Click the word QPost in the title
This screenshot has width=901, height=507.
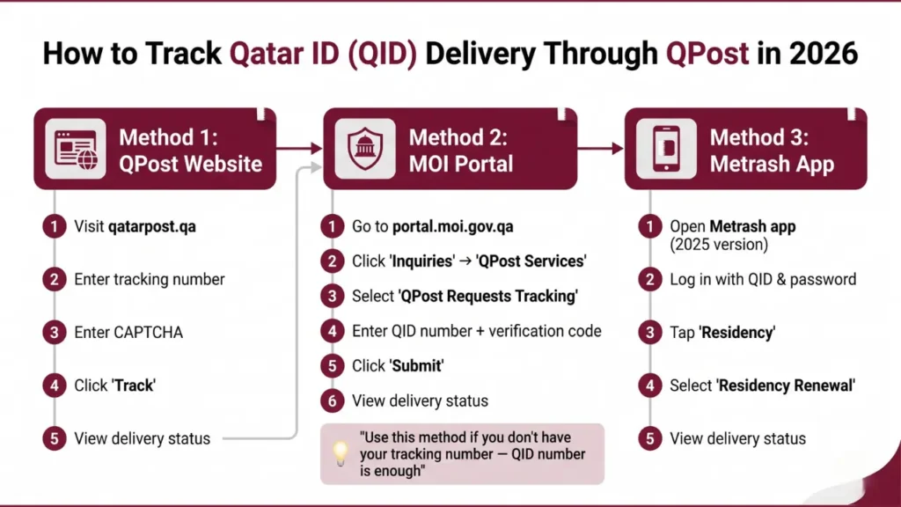click(707, 53)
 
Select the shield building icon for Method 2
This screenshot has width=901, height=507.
click(363, 148)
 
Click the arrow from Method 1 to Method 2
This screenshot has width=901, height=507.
click(298, 149)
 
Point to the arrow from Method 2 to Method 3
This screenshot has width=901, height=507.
click(600, 149)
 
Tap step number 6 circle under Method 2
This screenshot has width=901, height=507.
click(331, 400)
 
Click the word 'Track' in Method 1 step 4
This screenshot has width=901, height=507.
click(133, 385)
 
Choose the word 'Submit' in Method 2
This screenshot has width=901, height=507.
click(419, 365)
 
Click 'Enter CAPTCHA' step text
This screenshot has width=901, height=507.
click(128, 332)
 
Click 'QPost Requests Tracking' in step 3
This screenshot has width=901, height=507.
click(489, 296)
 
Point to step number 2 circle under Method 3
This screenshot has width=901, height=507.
click(648, 279)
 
